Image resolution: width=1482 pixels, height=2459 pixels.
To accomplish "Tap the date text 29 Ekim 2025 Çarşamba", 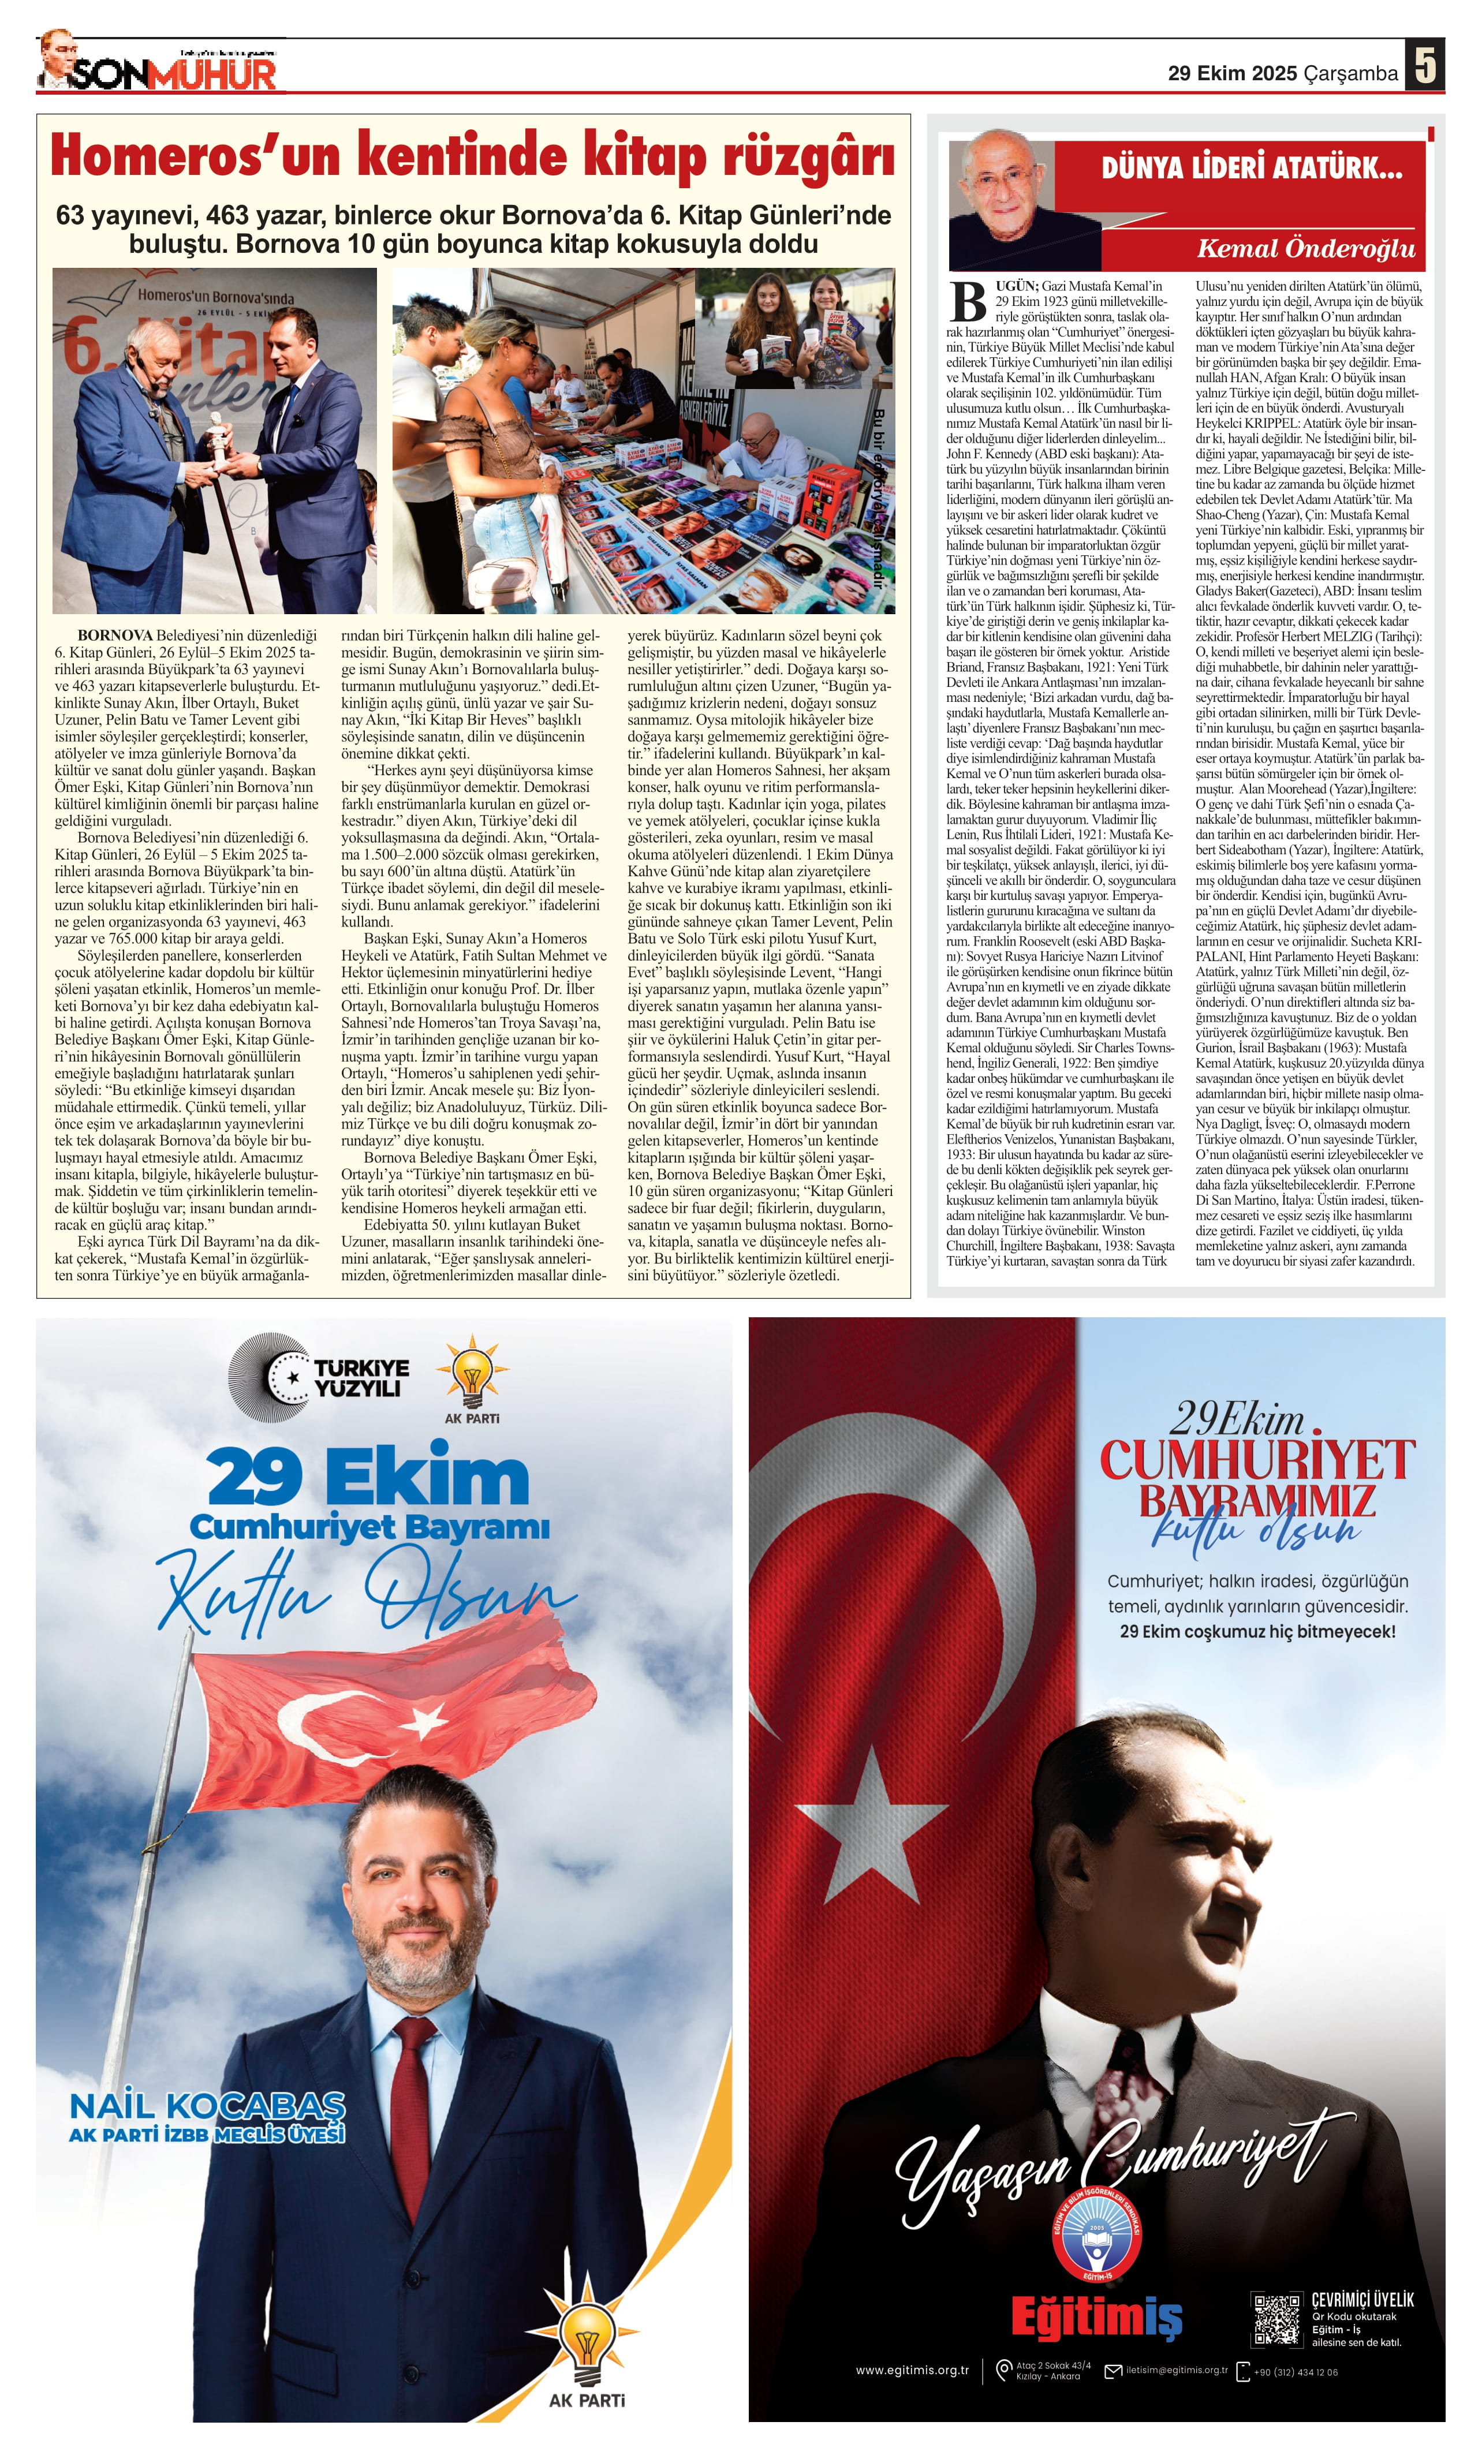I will click(x=1282, y=73).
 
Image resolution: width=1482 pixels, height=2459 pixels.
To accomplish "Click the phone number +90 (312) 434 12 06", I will click(x=1296, y=2372).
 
